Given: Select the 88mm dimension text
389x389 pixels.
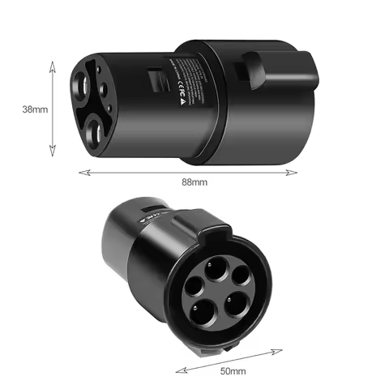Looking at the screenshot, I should (x=195, y=182).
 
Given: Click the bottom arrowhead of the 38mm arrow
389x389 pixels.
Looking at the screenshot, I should (x=53, y=153).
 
